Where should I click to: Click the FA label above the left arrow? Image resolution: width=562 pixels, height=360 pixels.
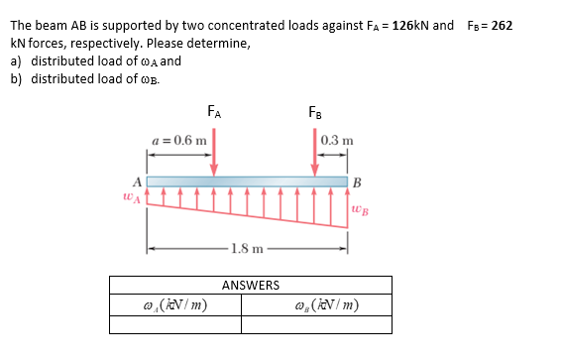tap(214, 111)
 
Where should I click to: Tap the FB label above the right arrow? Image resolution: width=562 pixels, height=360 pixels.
tap(314, 111)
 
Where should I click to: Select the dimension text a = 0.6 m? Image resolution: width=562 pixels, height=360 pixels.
tap(179, 140)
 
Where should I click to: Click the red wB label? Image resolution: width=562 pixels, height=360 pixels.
tap(359, 211)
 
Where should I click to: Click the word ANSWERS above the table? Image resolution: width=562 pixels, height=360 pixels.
tap(250, 286)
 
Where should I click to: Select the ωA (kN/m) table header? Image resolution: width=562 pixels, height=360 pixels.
tap(175, 304)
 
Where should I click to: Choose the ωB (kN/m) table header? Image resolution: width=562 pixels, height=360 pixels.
tap(324, 304)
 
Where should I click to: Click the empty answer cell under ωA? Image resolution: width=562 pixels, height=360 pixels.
tap(175, 324)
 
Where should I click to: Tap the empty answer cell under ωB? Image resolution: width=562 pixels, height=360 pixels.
tap(324, 324)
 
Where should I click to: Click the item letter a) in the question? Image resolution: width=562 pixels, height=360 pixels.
tap(16, 60)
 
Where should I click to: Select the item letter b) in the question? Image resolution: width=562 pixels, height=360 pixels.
tap(16, 78)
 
